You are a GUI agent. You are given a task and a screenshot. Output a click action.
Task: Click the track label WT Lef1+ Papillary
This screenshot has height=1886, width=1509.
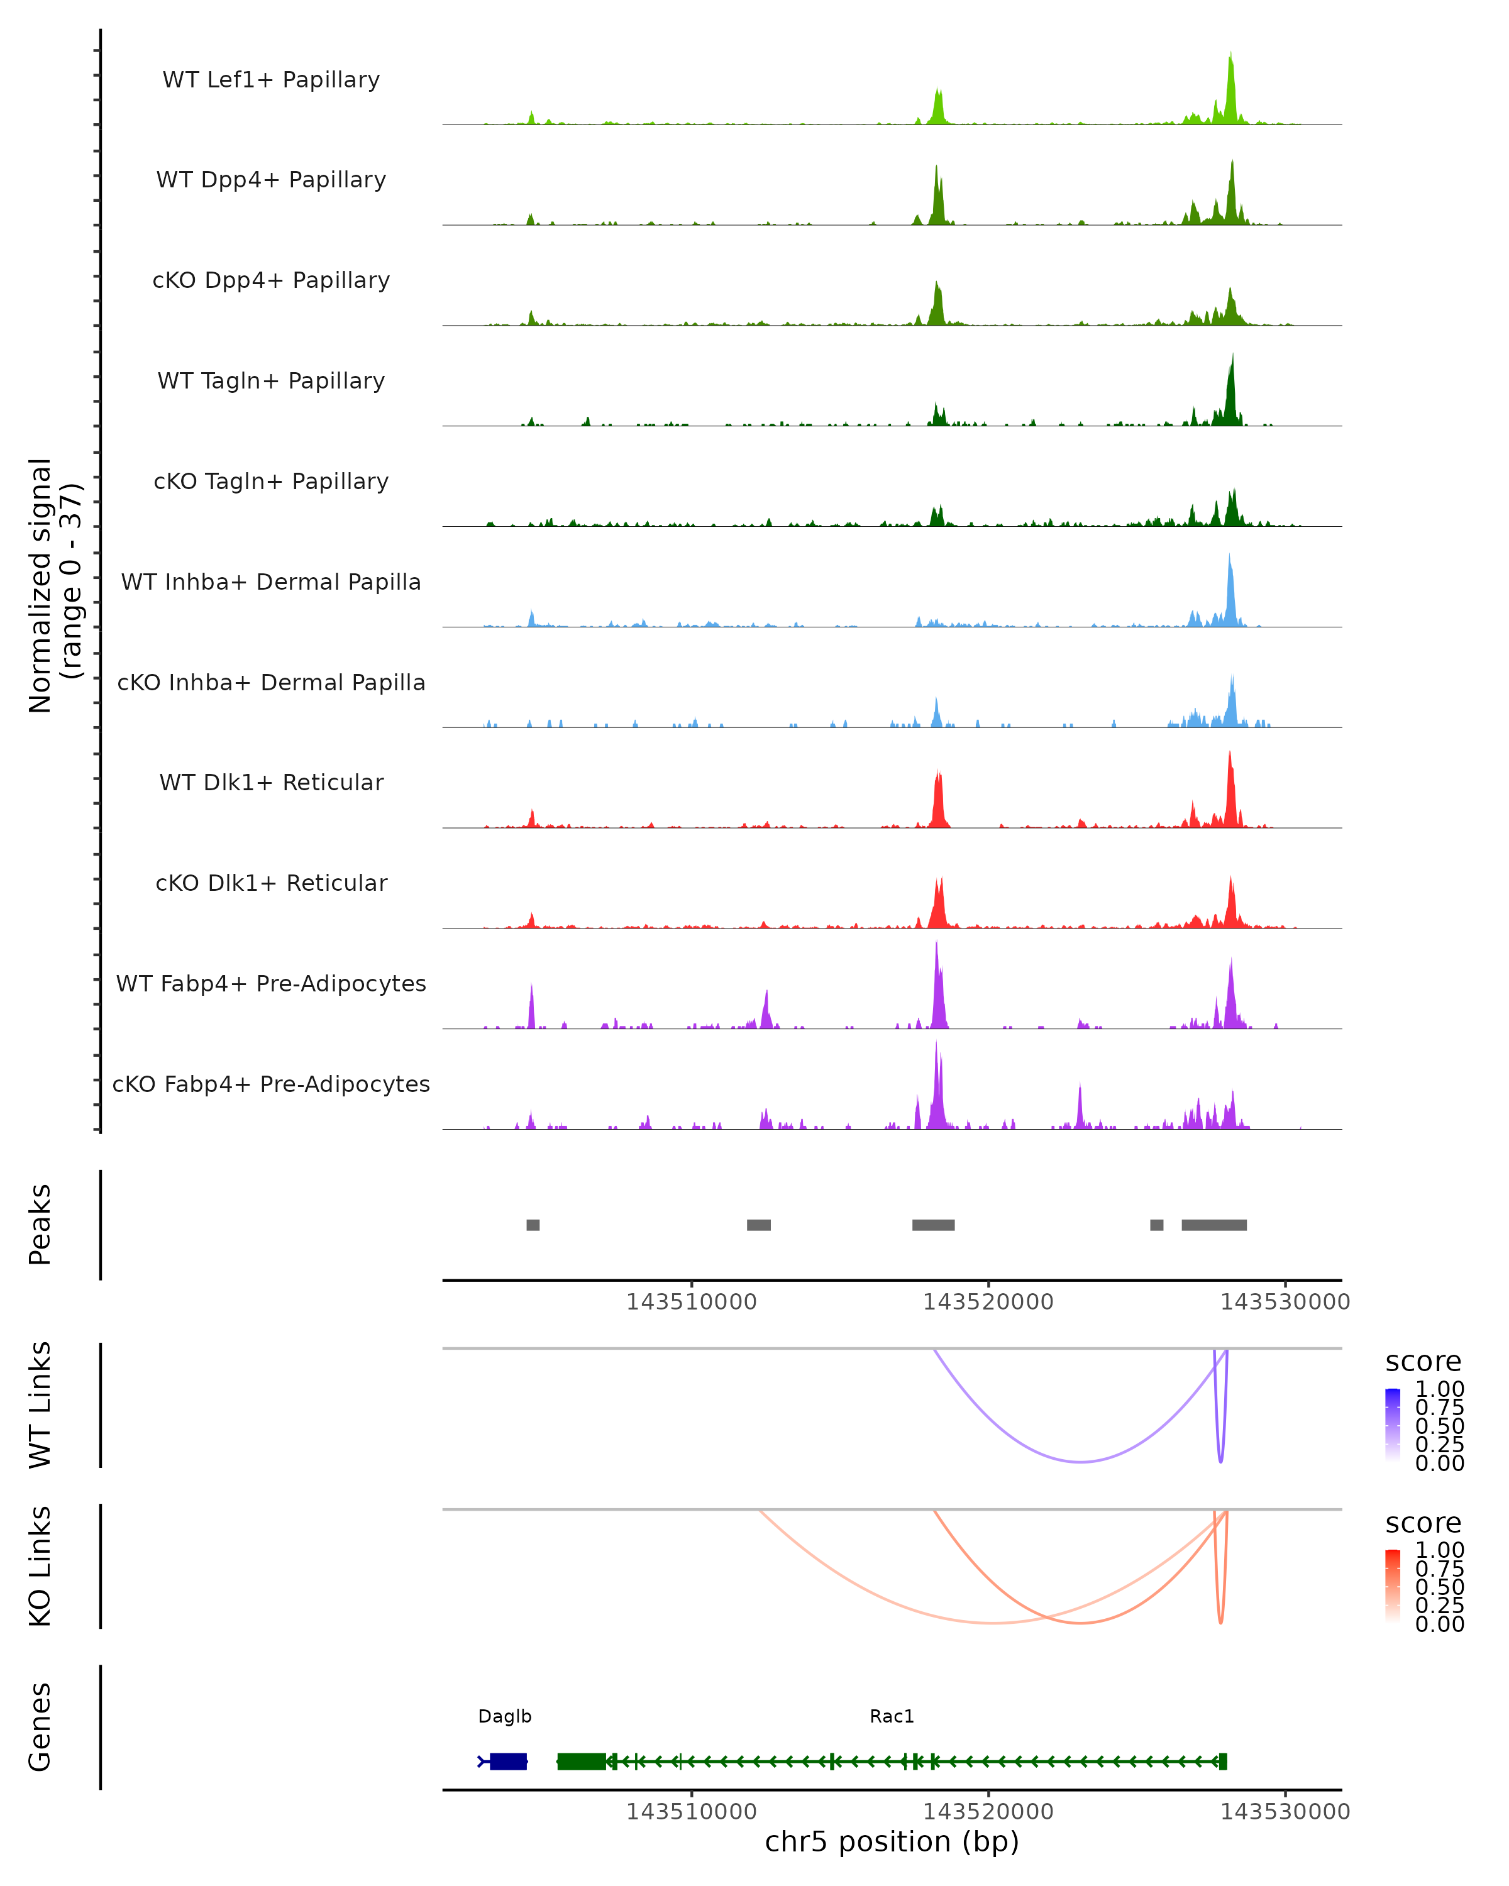271,80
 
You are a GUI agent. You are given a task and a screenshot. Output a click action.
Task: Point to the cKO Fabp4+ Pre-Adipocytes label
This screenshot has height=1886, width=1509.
271,1084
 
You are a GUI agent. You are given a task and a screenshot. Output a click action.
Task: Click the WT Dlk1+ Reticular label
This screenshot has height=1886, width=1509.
271,782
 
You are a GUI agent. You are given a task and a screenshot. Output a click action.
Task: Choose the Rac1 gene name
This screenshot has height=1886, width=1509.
892,1716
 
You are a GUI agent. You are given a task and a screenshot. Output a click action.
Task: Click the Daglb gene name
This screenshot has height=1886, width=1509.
505,1716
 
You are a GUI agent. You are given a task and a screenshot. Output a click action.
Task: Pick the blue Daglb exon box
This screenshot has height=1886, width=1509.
508,1761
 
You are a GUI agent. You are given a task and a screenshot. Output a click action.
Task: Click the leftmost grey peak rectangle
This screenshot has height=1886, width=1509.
533,1225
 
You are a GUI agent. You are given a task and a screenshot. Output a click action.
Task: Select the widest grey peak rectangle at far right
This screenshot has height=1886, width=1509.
1214,1225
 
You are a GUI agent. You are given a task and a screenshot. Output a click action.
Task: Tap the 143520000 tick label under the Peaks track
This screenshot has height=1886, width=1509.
988,1302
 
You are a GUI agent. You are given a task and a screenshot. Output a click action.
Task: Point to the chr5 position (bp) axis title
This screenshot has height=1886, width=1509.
892,1841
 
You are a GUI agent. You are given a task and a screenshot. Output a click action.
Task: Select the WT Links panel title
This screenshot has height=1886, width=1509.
40,1405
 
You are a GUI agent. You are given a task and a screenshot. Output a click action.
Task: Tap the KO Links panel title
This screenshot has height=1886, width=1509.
40,1566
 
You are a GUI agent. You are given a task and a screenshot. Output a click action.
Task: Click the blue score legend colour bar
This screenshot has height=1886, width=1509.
1393,1423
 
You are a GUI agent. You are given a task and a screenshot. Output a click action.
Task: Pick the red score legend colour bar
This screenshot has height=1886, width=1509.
1393,1584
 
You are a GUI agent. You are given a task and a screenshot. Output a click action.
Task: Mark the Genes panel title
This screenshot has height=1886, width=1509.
40,1727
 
